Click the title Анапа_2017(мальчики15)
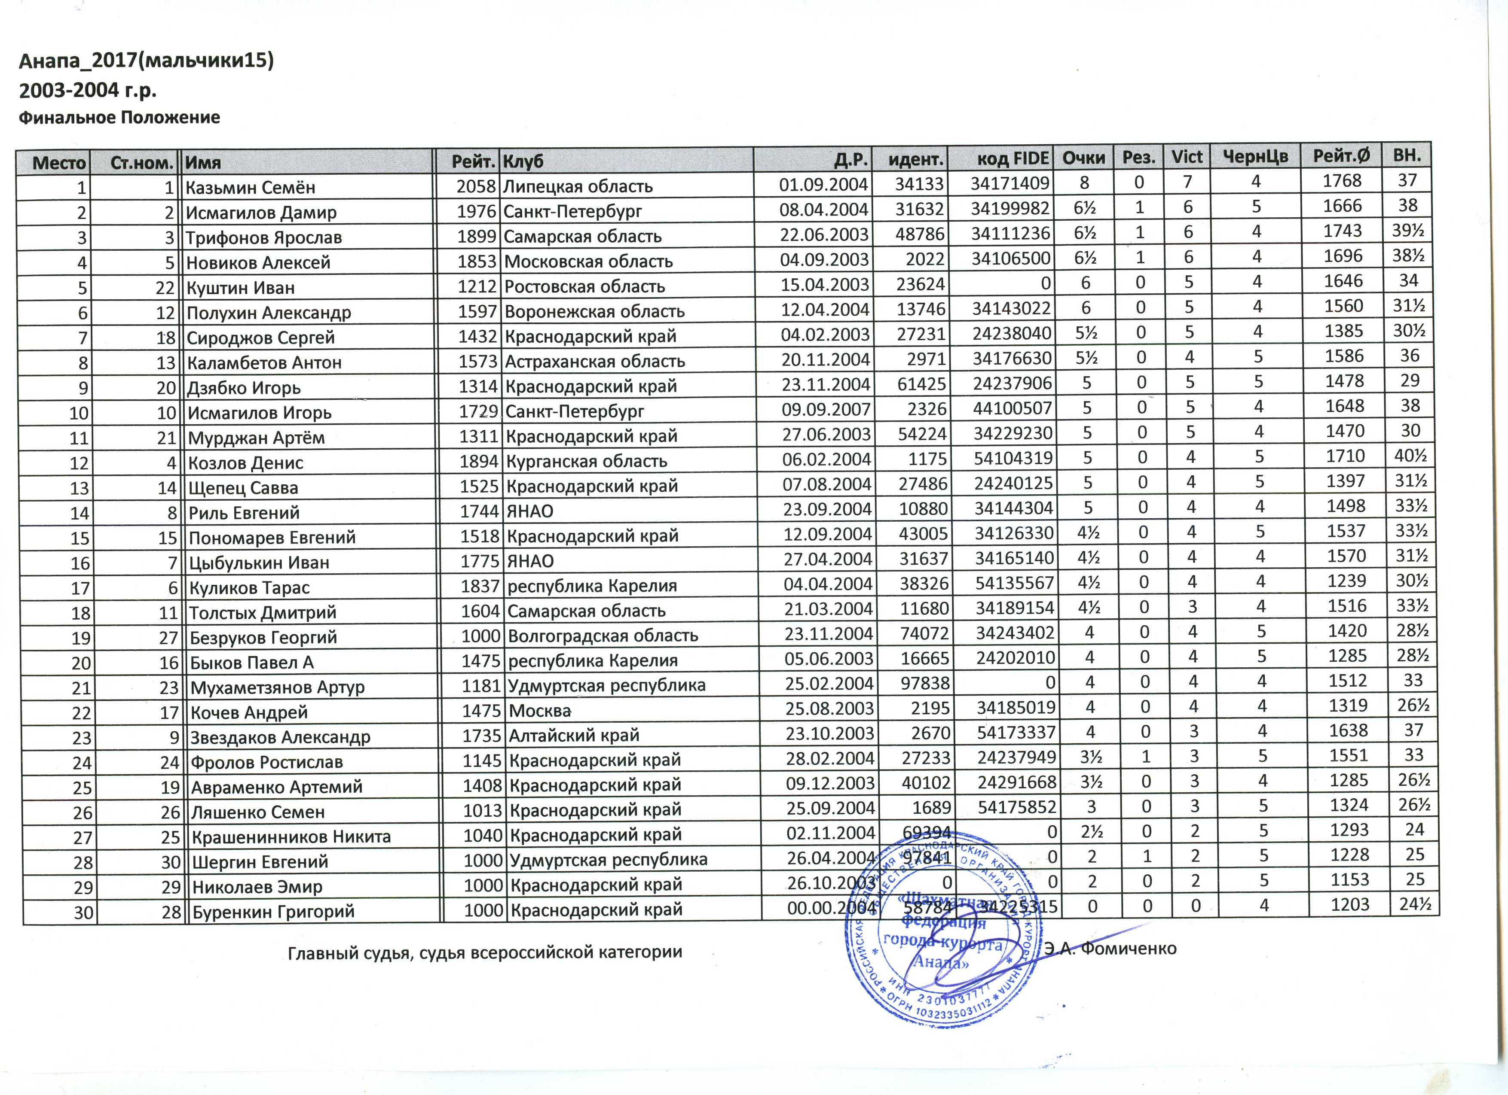point(146,61)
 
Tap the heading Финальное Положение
point(119,118)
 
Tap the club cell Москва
point(540,711)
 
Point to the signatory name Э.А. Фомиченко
point(1110,948)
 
